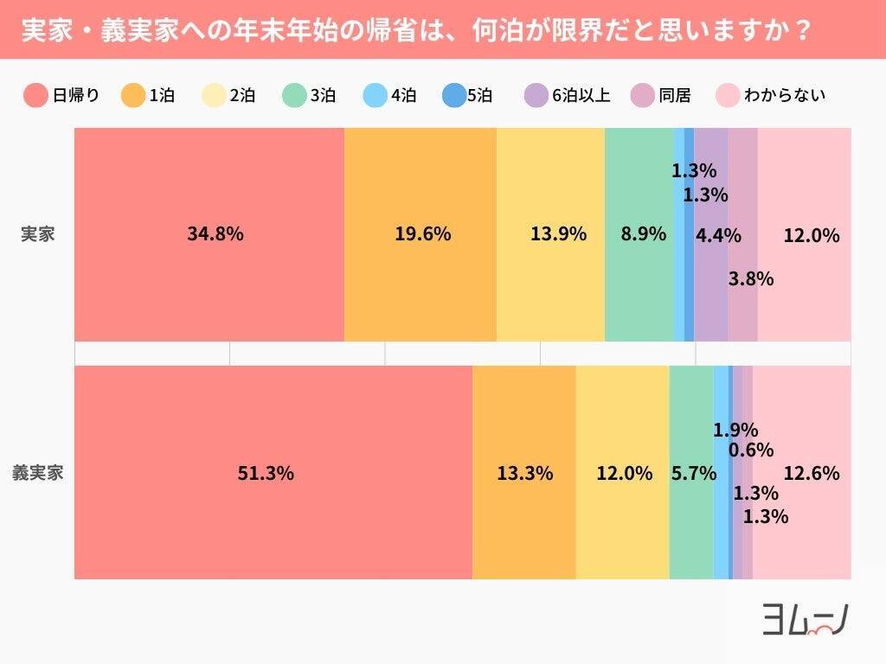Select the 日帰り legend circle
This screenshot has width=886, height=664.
click(x=35, y=95)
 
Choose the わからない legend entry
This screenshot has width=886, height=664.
click(x=771, y=95)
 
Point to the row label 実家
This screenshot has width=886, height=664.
click(x=37, y=234)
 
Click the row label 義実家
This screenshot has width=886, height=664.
click(x=37, y=473)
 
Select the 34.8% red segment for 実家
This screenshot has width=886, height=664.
click(x=209, y=234)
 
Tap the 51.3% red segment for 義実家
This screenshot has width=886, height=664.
click(x=273, y=473)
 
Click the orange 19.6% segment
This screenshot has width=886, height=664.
click(x=421, y=234)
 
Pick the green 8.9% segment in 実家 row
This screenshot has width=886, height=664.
click(x=639, y=234)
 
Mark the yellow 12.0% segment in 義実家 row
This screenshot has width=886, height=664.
click(x=623, y=473)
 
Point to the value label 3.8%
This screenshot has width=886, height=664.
click(x=750, y=278)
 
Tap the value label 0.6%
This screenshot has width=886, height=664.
click(x=751, y=450)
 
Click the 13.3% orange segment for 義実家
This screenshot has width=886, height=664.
click(x=524, y=473)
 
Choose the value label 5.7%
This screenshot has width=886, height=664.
click(x=693, y=473)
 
